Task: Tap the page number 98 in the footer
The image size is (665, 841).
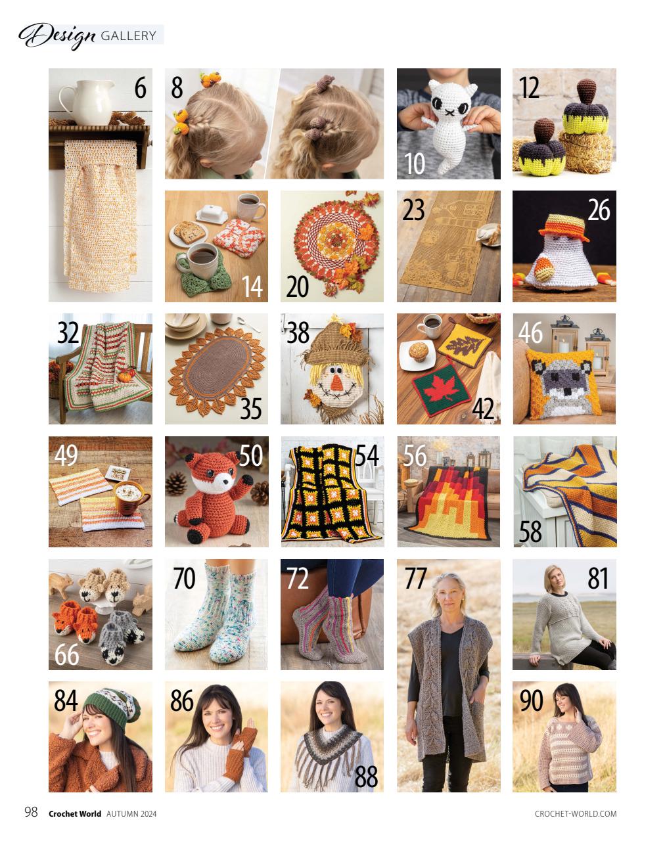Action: coord(31,812)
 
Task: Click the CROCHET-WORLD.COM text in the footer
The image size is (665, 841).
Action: coord(576,813)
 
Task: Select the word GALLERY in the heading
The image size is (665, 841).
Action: coord(129,35)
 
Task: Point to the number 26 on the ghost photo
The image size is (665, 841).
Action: coord(599,210)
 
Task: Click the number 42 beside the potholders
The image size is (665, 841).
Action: coord(483,409)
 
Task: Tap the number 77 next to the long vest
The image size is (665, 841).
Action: coord(415,579)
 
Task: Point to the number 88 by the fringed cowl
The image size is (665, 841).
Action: coord(366,777)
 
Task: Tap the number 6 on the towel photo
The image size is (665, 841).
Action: coord(140,88)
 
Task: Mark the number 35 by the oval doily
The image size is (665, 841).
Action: coord(250,409)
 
